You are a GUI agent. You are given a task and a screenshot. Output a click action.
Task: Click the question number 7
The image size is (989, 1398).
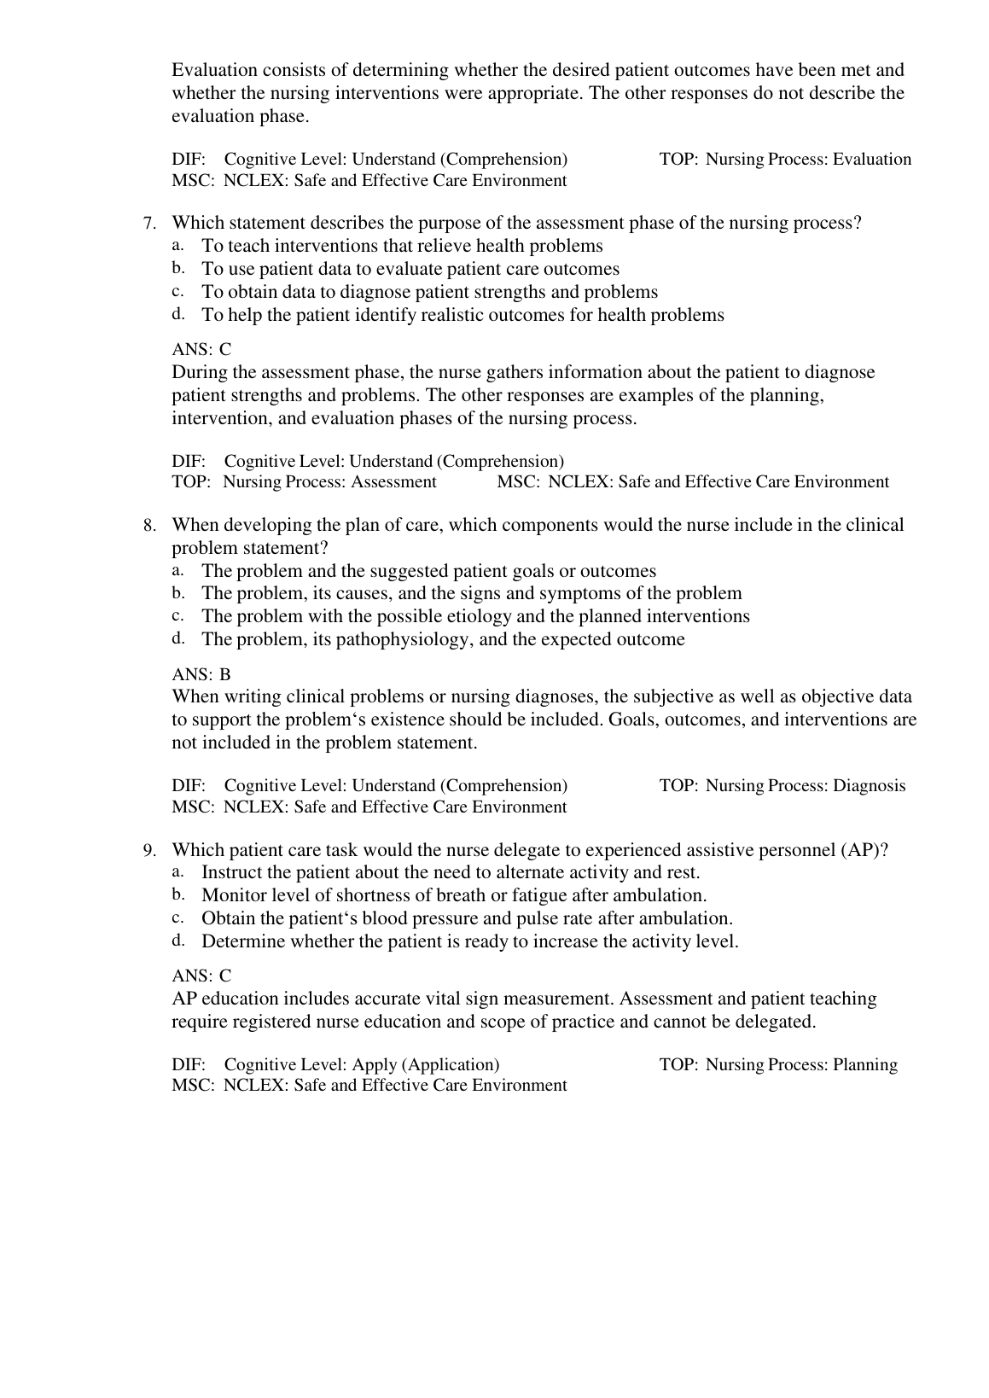[149, 224]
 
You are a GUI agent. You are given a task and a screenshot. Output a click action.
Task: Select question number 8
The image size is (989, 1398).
[149, 526]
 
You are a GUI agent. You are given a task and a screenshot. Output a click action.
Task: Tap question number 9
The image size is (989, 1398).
[149, 851]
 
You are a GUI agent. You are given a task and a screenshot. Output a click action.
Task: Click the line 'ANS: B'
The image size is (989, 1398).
[201, 674]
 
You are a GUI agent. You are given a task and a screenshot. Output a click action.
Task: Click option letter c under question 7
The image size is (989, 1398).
[177, 291]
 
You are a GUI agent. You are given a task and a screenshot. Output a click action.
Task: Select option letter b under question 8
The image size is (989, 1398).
[177, 592]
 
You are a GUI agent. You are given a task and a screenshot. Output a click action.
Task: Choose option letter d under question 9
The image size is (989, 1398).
[177, 941]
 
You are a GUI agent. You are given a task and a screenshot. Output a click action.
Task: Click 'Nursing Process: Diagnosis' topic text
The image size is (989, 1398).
[806, 785]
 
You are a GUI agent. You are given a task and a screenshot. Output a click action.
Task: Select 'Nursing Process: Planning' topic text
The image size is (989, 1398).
[802, 1064]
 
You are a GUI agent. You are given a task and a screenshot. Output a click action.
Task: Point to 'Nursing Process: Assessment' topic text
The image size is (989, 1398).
[329, 482]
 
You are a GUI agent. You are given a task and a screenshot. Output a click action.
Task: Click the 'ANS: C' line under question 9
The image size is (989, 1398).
[201, 976]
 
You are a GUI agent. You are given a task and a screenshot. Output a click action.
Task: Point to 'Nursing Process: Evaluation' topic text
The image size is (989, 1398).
[809, 160]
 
